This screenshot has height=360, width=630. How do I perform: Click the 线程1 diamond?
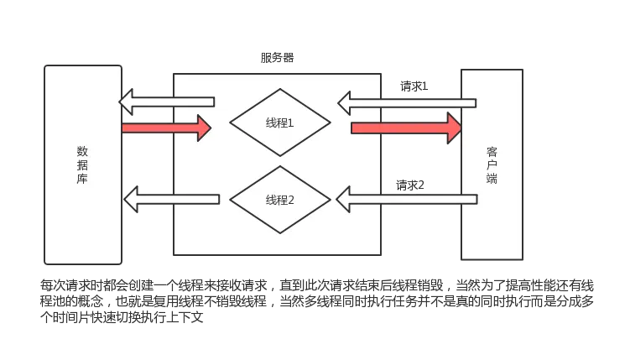[279, 123]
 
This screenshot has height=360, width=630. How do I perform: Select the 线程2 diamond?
[279, 200]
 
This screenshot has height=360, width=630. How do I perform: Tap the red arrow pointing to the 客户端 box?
[406, 128]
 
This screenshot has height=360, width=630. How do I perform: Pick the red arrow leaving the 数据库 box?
[166, 128]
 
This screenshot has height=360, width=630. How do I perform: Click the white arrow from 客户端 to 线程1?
[407, 103]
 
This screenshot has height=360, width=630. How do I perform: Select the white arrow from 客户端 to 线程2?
[407, 200]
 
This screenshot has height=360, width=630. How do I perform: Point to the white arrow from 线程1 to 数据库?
[166, 102]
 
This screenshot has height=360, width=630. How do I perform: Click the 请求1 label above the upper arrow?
[412, 86]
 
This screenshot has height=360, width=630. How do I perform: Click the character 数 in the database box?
[82, 152]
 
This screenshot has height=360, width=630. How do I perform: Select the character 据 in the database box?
[82, 165]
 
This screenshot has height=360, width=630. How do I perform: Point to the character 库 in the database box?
[82, 179]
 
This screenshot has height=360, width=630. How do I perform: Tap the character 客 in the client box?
[492, 152]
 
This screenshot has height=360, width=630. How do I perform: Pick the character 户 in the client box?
[492, 165]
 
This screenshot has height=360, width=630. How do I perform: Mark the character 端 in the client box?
[492, 179]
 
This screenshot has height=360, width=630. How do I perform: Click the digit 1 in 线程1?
[291, 123]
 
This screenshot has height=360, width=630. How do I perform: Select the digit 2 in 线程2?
[291, 200]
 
